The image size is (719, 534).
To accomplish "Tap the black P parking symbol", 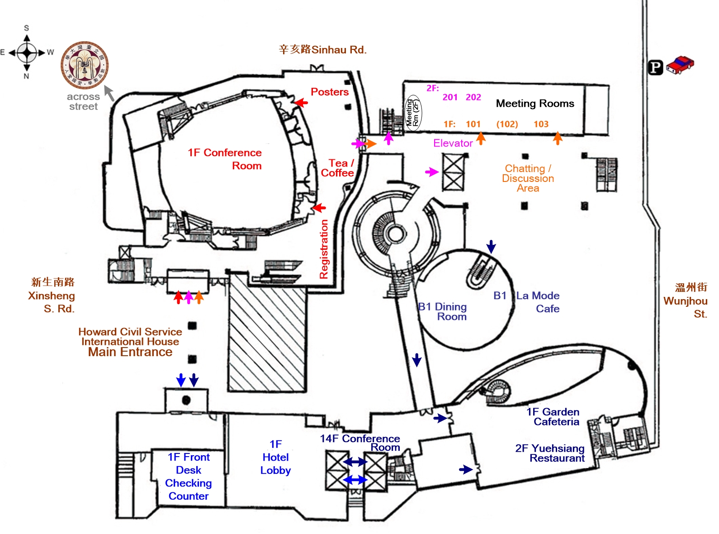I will (x=655, y=67).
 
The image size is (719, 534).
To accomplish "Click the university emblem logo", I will (x=85, y=66).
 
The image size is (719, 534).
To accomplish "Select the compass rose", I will (x=27, y=52).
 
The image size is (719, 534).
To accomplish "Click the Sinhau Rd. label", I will (x=323, y=50).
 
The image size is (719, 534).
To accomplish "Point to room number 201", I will (x=450, y=97).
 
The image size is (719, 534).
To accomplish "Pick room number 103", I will (x=541, y=124).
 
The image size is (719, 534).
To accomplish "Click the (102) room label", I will (x=507, y=124).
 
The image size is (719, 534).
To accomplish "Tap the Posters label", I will (x=330, y=92).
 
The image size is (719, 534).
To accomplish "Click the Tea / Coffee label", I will (x=337, y=168).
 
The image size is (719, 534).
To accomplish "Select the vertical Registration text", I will (x=324, y=249).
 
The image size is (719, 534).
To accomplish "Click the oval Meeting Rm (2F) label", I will (x=413, y=113).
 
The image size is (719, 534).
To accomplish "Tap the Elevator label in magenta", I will (x=453, y=143).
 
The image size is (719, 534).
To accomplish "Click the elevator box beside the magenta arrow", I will (x=453, y=172).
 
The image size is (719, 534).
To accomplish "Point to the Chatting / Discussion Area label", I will (x=528, y=178).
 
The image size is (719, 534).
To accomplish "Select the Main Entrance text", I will (x=130, y=352).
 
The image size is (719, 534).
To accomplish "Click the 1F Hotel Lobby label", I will (x=275, y=457).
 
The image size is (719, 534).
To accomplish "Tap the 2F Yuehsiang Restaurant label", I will (x=550, y=453).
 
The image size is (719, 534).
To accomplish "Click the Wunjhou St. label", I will (x=686, y=300).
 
